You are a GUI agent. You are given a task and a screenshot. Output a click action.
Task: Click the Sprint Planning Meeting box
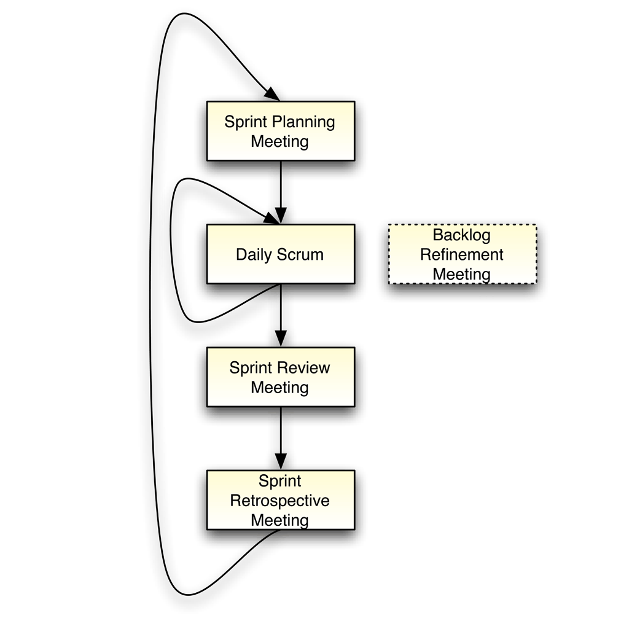pos(281,131)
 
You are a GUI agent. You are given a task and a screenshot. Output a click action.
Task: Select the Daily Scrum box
pos(281,254)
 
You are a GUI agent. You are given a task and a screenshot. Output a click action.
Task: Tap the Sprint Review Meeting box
pos(281,377)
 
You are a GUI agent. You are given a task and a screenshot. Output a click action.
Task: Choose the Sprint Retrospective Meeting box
pos(281,500)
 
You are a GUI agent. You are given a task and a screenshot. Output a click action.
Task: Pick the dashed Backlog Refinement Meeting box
pos(463,254)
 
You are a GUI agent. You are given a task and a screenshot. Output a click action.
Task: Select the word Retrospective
pos(279,501)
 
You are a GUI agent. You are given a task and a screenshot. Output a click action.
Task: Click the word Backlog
pos(461,235)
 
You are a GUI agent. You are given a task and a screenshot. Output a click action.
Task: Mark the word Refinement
pos(461,254)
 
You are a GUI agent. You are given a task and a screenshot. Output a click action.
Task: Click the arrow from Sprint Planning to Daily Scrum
pos(281,192)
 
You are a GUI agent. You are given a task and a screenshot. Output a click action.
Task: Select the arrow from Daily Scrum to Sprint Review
pos(281,315)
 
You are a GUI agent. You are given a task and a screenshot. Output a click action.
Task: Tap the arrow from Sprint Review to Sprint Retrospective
pos(281,438)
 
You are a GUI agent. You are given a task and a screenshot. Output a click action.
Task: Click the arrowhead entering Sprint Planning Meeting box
pos(272,94)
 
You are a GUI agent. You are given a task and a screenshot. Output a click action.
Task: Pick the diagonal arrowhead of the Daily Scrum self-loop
pos(271,219)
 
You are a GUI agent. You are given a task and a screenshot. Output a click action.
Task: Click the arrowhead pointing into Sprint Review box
pos(281,338)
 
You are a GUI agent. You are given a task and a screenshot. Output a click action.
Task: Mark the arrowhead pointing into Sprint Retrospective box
pos(281,461)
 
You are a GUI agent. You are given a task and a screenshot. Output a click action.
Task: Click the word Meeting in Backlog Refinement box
pos(461,275)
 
